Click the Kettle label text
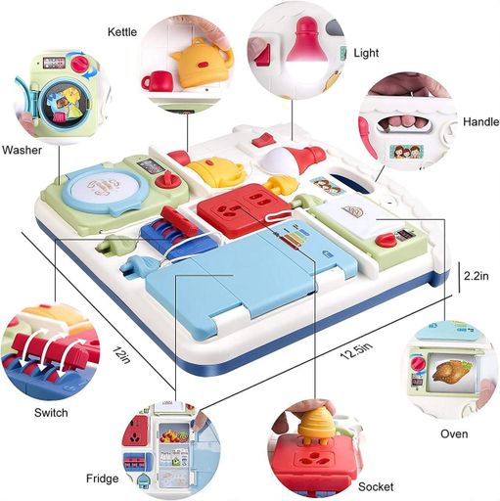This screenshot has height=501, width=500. pyautogui.click(x=122, y=32)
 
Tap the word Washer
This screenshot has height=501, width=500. pyautogui.click(x=22, y=150)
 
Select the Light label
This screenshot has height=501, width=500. pyautogui.click(x=366, y=53)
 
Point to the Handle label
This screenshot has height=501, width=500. pyautogui.click(x=480, y=121)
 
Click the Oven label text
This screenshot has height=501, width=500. pyautogui.click(x=454, y=433)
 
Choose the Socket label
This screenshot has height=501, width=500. pyautogui.click(x=376, y=487)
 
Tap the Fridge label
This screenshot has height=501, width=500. pyautogui.click(x=102, y=478)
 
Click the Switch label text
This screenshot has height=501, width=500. pyautogui.click(x=51, y=413)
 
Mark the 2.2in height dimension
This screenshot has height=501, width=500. pyautogui.click(x=477, y=276)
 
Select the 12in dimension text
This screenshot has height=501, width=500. pyautogui.click(x=121, y=355)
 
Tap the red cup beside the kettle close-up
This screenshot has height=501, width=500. pyautogui.click(x=158, y=81)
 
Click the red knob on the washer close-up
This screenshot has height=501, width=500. pyautogui.click(x=79, y=65)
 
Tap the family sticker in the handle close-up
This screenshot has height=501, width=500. pyautogui.click(x=406, y=151)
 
